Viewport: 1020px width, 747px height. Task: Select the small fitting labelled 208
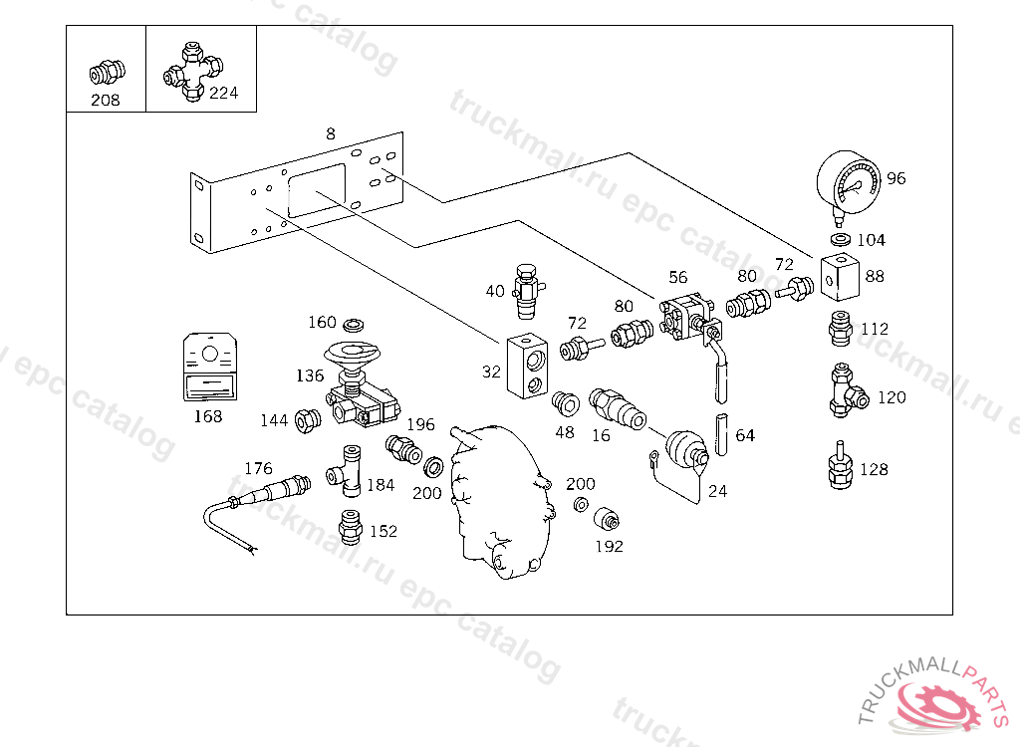[104, 74]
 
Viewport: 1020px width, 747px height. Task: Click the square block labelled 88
[840, 278]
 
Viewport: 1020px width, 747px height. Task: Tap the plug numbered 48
[565, 404]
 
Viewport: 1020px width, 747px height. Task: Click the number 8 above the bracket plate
[331, 133]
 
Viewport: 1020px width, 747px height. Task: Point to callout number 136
[309, 375]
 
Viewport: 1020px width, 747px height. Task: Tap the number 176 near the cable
[258, 468]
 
